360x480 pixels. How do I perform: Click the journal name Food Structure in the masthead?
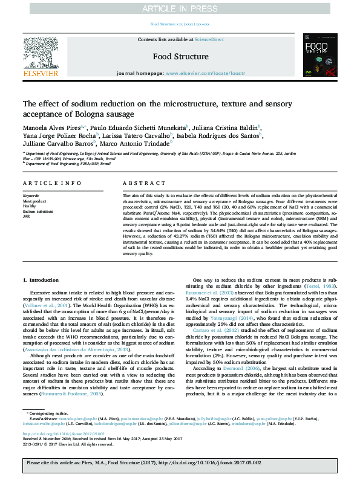pyautogui.click(x=180, y=56)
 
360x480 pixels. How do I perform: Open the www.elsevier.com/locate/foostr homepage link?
pyautogui.click(x=205, y=73)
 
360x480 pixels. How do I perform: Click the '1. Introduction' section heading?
pyautogui.click(x=41, y=281)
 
